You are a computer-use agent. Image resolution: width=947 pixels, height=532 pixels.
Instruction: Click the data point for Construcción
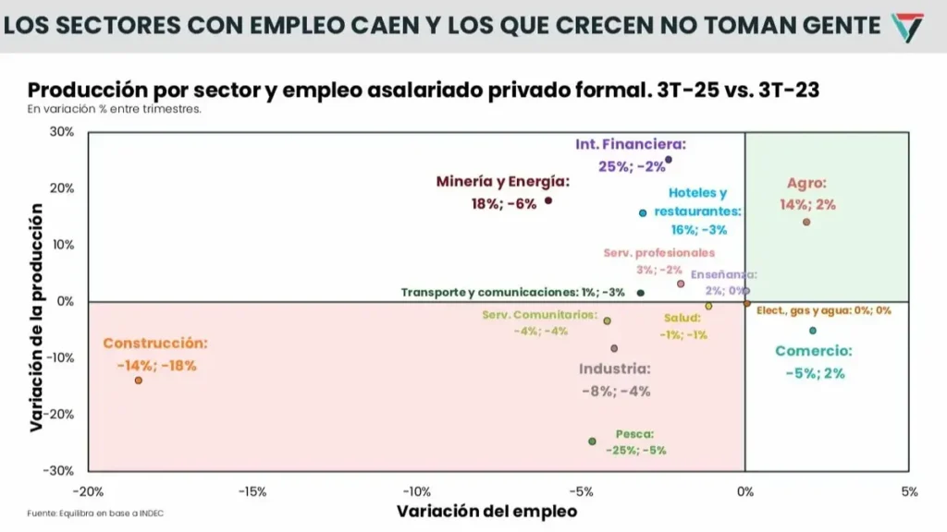139,381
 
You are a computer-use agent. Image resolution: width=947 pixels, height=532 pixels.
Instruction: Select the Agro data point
806,222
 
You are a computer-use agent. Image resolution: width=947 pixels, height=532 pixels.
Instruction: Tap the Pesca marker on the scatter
592,441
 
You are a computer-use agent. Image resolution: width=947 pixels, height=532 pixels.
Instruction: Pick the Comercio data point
813,331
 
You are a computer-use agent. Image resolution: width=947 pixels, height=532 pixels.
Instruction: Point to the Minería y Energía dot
548,200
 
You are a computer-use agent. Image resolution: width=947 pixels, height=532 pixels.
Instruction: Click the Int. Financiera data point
669,160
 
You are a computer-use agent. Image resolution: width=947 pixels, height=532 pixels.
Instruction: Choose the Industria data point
614,348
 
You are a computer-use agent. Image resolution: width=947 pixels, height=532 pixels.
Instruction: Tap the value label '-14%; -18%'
157,366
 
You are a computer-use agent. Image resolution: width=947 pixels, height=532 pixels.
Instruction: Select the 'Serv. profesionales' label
659,252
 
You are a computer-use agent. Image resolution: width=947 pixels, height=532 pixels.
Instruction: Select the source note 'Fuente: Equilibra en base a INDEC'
89,514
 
